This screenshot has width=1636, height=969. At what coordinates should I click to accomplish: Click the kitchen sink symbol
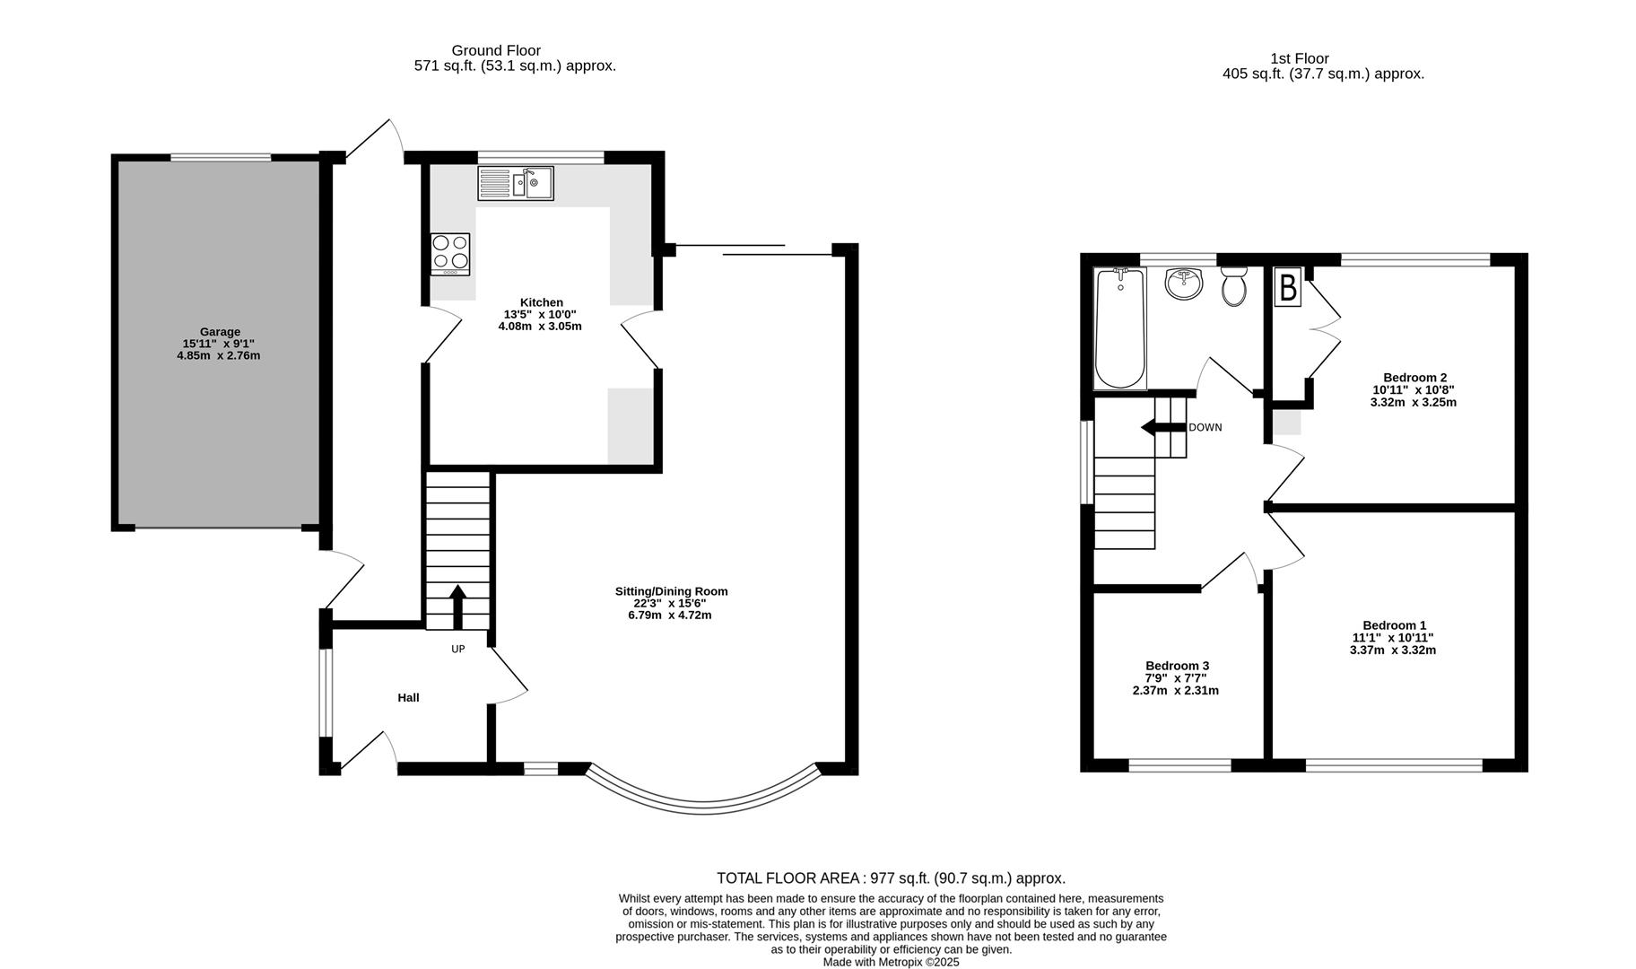(x=516, y=184)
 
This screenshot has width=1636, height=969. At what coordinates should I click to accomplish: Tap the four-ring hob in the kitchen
(x=450, y=253)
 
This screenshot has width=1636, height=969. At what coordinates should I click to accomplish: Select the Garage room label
(x=220, y=331)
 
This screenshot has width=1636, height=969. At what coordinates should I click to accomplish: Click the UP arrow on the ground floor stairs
(x=457, y=606)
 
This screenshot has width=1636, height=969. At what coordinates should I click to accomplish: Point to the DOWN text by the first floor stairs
(x=1205, y=427)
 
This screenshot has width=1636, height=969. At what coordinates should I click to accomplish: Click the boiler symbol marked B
(x=1288, y=288)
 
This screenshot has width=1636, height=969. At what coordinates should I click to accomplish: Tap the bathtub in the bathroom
(x=1119, y=328)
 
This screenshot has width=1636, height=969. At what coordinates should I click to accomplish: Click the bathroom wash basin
(x=1185, y=284)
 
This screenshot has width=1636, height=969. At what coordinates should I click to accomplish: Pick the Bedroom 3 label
(x=1177, y=665)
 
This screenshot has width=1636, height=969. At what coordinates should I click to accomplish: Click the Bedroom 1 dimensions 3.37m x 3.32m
(x=1392, y=650)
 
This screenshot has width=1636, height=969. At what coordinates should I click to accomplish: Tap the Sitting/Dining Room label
(x=671, y=591)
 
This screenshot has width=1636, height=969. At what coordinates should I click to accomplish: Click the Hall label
(x=408, y=697)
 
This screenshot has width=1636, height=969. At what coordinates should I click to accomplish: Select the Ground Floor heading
(x=496, y=50)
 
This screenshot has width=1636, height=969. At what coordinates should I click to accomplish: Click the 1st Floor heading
(x=1300, y=58)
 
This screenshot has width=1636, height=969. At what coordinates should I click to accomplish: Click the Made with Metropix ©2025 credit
(x=891, y=962)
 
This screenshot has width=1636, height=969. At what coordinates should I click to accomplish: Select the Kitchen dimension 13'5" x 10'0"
(x=539, y=314)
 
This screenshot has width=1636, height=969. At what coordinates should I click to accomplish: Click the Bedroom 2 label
(x=1414, y=377)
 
